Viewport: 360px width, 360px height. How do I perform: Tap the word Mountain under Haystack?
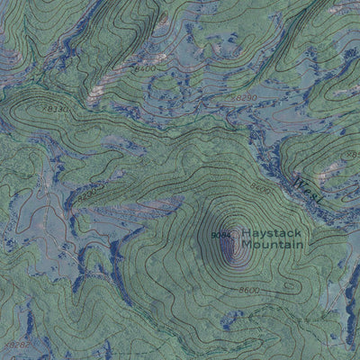click(x=274, y=245)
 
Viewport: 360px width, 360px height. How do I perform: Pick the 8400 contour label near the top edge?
click(x=144, y=67)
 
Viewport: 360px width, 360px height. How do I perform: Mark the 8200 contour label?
click(x=87, y=194)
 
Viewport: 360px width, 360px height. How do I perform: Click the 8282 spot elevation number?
click(x=16, y=344)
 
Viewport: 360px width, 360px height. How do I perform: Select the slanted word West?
click(x=310, y=186)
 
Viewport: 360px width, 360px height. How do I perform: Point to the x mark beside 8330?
click(x=40, y=110)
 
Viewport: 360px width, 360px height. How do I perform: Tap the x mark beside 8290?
click(x=230, y=97)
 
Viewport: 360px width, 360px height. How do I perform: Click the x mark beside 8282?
click(x=4, y=344)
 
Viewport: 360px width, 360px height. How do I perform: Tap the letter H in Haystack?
click(x=246, y=232)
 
